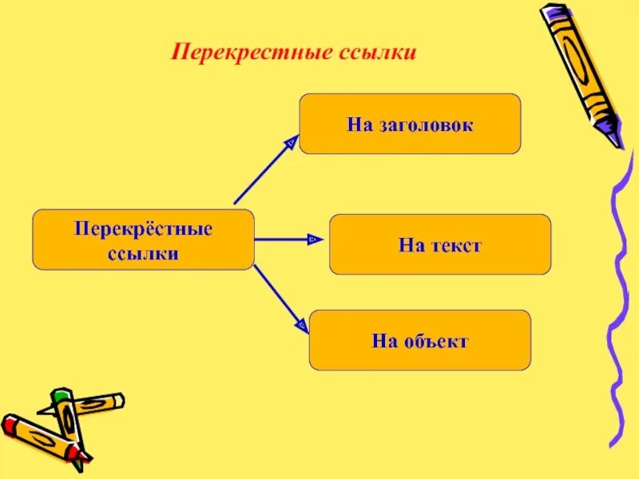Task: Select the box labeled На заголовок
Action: pos(410,124)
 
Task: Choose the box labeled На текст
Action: pos(440,244)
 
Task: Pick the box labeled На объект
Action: pos(419,340)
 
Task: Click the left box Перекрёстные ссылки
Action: pos(143,239)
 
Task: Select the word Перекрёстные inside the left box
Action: pos(144,229)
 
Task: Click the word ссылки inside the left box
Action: pos(143,253)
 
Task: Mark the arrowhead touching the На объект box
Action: pos(301,324)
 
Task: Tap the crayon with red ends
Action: pos(45,437)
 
